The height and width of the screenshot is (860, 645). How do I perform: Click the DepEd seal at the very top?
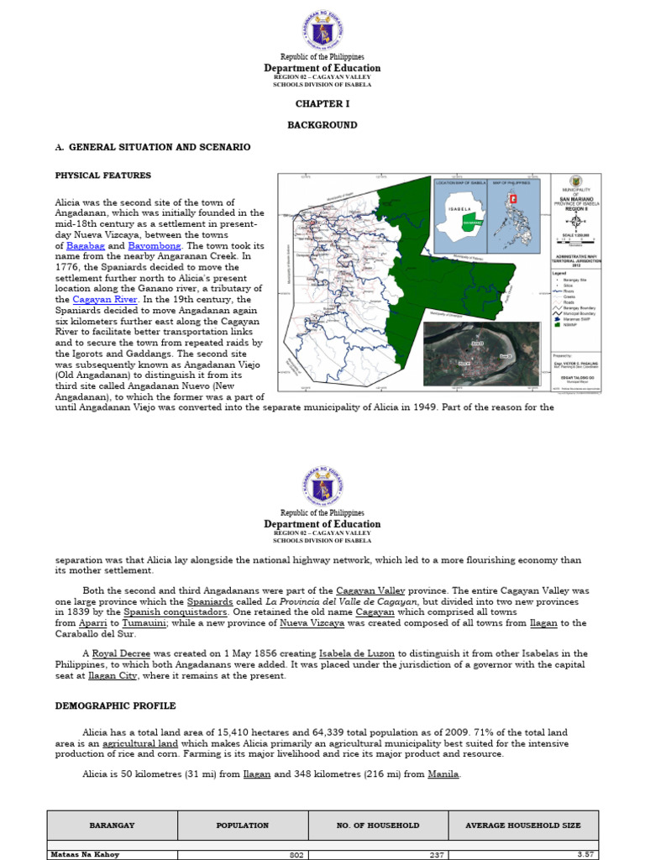coord(322,29)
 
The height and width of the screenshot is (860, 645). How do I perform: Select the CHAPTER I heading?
coord(322,104)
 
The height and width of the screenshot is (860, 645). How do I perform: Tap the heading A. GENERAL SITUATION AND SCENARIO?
coord(152,147)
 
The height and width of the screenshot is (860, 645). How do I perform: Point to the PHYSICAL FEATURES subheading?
coord(103,176)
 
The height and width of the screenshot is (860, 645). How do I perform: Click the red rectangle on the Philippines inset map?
coord(515,199)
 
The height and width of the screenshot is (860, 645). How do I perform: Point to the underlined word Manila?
coord(443,773)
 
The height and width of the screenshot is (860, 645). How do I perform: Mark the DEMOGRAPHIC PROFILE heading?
coord(115,706)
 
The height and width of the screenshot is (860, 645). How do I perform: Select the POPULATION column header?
coord(243,826)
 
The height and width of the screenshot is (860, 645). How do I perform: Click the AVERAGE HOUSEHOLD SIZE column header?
coord(522,826)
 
